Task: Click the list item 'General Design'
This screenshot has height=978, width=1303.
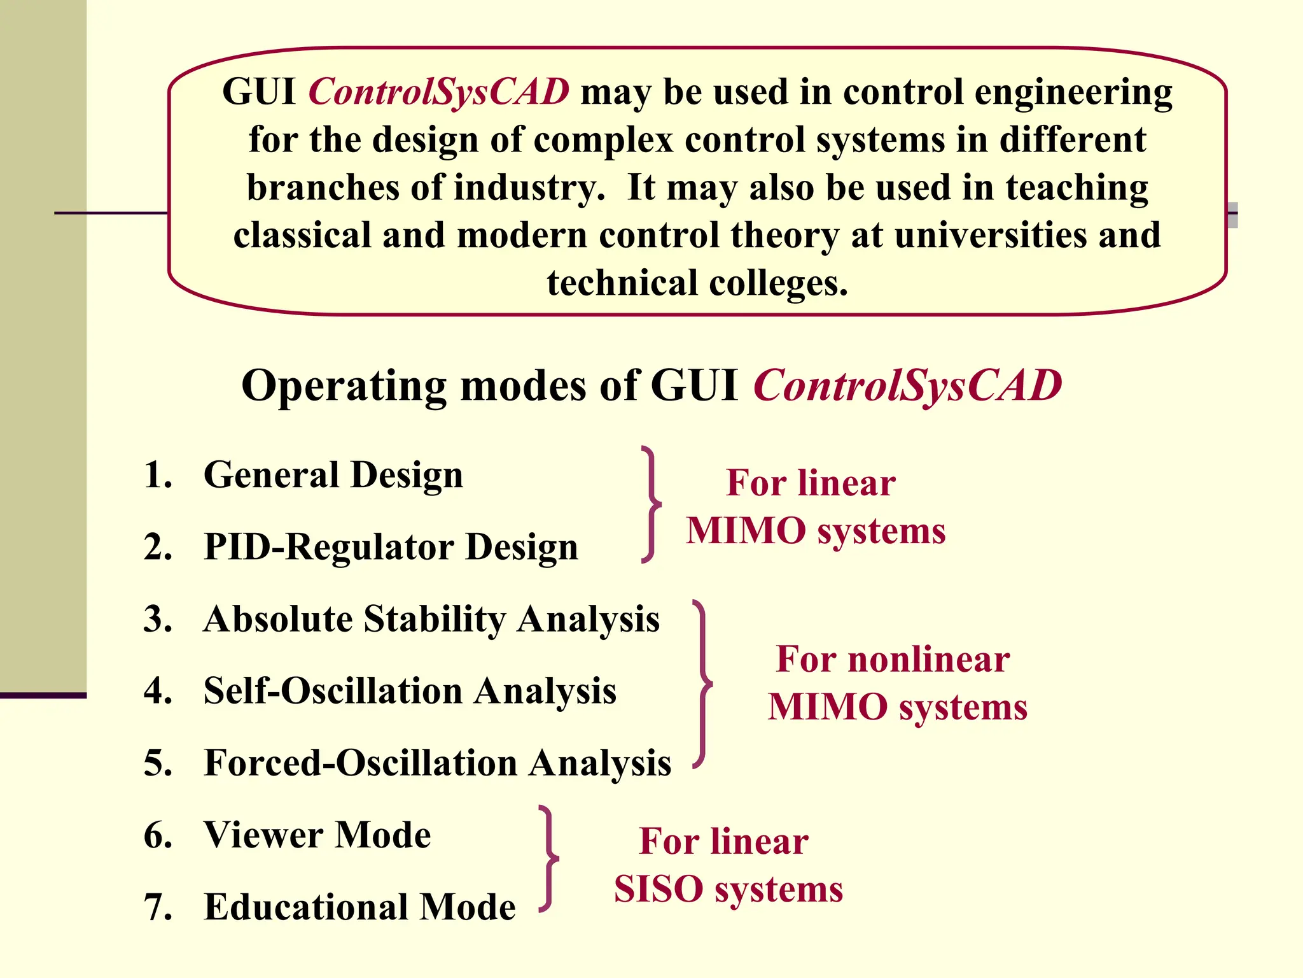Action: point(333,475)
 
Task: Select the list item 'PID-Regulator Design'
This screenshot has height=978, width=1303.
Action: point(391,547)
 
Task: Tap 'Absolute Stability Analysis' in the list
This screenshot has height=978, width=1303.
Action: point(431,619)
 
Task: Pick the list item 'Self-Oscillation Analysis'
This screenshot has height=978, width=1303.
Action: point(410,691)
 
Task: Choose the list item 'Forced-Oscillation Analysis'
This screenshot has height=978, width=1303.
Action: point(437,763)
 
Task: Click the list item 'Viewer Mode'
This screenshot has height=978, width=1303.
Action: point(317,835)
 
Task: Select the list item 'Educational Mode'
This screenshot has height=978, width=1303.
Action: point(359,907)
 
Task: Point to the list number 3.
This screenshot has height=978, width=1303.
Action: point(157,619)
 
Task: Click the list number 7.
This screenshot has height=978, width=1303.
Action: point(157,907)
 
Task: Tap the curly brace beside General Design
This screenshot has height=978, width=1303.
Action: point(651,504)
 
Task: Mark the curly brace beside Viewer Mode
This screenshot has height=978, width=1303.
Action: point(548,859)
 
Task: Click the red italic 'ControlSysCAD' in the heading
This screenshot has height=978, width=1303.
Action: point(907,386)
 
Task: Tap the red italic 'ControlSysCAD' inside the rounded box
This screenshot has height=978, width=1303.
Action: point(439,92)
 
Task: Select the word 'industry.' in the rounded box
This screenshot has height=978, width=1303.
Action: point(529,188)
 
